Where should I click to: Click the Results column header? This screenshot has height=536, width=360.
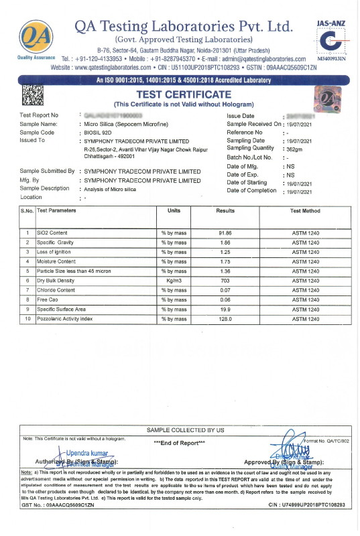click(225, 210)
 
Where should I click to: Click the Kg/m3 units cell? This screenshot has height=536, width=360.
click(174, 280)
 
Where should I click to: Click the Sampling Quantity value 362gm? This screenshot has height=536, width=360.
click(298, 148)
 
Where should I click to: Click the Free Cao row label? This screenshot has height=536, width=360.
click(48, 299)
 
